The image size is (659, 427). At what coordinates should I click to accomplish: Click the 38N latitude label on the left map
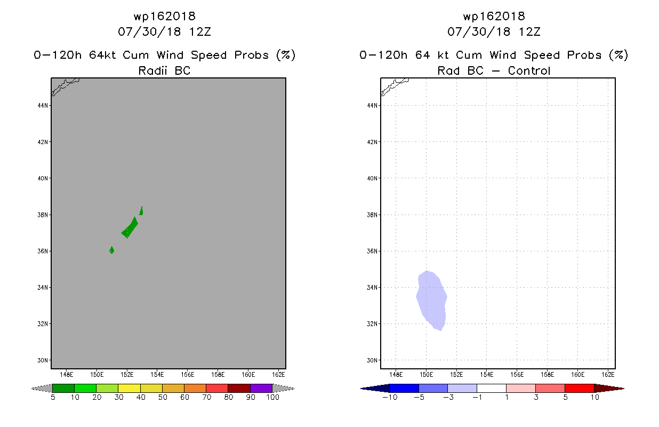pyautogui.click(x=42, y=215)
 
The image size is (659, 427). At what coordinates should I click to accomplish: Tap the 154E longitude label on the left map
pyautogui.click(x=157, y=375)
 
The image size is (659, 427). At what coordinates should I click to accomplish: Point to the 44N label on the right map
pyautogui.click(x=372, y=106)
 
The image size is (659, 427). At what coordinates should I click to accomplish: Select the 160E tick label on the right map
pyautogui.click(x=577, y=375)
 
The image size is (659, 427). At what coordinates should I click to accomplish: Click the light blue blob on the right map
pyautogui.click(x=432, y=301)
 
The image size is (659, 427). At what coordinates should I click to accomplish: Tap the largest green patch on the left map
pyautogui.click(x=130, y=228)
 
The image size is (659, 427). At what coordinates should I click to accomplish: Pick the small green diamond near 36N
pyautogui.click(x=111, y=250)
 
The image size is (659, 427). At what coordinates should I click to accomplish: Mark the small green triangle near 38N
pyautogui.click(x=141, y=211)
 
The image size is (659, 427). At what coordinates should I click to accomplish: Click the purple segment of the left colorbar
pyautogui.click(x=261, y=388)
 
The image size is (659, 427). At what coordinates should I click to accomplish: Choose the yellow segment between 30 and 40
pyautogui.click(x=129, y=388)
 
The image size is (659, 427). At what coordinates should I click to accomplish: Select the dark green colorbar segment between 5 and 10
pyautogui.click(x=63, y=388)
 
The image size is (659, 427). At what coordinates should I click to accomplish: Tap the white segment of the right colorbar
pyautogui.click(x=491, y=388)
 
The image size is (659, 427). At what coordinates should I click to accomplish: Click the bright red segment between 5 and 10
pyautogui.click(x=579, y=388)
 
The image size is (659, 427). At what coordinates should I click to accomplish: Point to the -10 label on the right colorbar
pyautogui.click(x=390, y=397)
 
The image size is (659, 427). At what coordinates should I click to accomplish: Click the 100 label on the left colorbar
pyautogui.click(x=272, y=397)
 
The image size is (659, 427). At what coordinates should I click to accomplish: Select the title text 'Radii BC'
pyautogui.click(x=164, y=70)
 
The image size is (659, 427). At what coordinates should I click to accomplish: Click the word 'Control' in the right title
pyautogui.click(x=529, y=70)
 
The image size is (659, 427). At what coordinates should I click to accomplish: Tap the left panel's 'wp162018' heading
pyautogui.click(x=164, y=16)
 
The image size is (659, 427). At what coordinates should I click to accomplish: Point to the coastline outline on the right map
pyautogui.click(x=394, y=86)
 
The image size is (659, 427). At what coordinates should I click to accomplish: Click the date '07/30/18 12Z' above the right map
pyautogui.click(x=494, y=31)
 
